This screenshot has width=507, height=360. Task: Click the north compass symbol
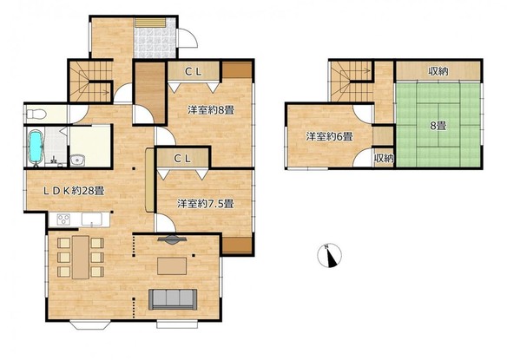(x=329, y=256)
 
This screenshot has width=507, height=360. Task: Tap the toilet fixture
(x=36, y=115)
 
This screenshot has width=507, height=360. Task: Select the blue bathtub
(x=36, y=147)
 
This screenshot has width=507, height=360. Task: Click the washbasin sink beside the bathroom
(x=77, y=160)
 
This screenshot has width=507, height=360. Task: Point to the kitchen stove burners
(x=63, y=219)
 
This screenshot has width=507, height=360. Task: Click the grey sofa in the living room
(x=173, y=299)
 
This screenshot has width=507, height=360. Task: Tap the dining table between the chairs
(x=81, y=258)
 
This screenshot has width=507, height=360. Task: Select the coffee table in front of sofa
(x=172, y=265)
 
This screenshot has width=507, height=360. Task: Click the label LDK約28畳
(x=74, y=191)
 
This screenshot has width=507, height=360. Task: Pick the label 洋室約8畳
(x=211, y=110)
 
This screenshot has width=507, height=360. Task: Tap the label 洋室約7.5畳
(x=206, y=204)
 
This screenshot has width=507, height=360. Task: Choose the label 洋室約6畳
(x=329, y=136)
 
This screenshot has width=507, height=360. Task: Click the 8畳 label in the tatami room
(x=438, y=126)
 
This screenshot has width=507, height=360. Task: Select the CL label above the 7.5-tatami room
(x=182, y=159)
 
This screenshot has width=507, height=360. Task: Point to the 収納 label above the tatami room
(x=438, y=71)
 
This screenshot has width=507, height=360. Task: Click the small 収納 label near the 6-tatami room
(x=384, y=159)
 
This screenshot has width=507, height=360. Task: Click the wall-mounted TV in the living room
(x=172, y=239)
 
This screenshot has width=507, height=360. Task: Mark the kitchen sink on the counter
(x=92, y=219)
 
